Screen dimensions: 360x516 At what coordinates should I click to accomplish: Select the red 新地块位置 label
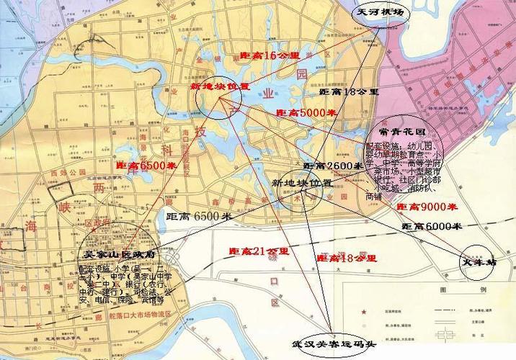pyautogui.click(x=220, y=86)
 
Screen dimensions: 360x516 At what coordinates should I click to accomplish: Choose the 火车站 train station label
pyautogui.click(x=479, y=263)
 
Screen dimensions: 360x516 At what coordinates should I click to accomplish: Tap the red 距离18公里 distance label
pyautogui.click(x=347, y=257)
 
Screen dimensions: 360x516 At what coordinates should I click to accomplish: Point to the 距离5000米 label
pyautogui.click(x=306, y=113)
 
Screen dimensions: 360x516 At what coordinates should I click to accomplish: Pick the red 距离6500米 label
pyautogui.click(x=146, y=166)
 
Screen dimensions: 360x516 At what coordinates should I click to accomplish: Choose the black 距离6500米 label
pyautogui.click(x=199, y=216)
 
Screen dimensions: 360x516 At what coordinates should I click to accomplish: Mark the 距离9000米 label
pyautogui.click(x=427, y=207)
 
